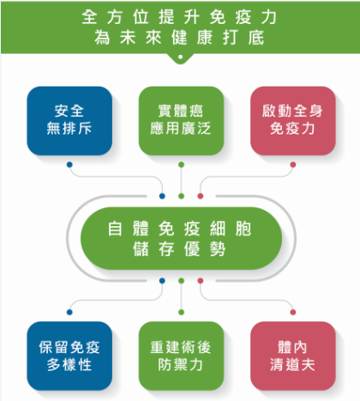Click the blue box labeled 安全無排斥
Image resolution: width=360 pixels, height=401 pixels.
click(69, 121)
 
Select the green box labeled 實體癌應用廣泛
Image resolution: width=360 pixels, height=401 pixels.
click(181, 121)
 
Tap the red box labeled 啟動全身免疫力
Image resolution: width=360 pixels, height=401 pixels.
click(293, 121)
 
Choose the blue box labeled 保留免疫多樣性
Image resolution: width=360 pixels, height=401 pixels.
click(69, 356)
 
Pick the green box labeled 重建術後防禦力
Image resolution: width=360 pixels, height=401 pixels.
click(181, 356)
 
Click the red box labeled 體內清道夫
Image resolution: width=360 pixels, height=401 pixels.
click(293, 356)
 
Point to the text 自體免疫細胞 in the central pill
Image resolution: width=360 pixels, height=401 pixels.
click(180, 229)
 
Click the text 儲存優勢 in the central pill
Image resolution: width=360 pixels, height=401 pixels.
click(180, 248)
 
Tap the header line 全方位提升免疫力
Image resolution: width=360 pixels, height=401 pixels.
click(179, 17)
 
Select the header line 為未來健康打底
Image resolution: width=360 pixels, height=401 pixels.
click(179, 38)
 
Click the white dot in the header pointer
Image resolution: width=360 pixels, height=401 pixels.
click(180, 57)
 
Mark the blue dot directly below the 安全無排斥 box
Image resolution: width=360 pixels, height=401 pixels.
click(69, 165)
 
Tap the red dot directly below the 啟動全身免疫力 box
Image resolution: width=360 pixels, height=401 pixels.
click(293, 165)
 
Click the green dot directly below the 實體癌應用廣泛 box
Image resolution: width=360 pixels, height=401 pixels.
click(181, 165)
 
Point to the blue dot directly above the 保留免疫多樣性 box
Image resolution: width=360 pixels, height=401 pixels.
click(69, 312)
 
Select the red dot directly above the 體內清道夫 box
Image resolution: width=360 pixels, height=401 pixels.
click(293, 312)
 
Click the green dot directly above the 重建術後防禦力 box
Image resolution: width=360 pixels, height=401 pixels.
click(181, 312)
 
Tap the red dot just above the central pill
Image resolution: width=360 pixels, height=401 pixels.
click(201, 196)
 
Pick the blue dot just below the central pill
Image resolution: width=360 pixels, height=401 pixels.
click(162, 281)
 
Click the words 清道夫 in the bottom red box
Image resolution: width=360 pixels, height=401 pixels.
click(293, 365)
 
